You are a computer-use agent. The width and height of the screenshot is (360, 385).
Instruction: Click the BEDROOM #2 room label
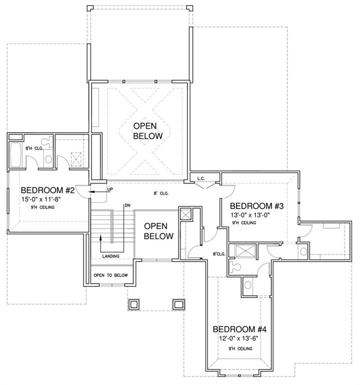click(48, 190)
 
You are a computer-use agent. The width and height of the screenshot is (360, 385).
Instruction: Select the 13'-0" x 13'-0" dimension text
click(250, 215)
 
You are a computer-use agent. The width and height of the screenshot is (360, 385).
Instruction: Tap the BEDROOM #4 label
click(240, 329)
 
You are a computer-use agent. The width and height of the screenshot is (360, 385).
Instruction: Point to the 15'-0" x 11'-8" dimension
click(41, 199)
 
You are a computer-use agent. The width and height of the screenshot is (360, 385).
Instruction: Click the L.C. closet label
click(201, 178)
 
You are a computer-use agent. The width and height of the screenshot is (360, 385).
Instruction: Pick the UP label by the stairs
click(110, 189)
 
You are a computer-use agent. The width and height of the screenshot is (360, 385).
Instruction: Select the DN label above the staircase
click(127, 205)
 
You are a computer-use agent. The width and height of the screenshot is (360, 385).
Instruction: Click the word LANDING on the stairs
click(111, 256)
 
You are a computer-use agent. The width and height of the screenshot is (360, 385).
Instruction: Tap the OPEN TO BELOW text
click(110, 275)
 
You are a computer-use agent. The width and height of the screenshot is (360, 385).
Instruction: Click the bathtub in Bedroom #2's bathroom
click(16, 155)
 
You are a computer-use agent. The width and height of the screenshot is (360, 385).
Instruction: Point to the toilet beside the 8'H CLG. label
click(47, 142)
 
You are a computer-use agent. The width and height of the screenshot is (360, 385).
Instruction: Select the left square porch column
click(133, 305)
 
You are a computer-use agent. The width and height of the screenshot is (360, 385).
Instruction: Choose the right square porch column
click(178, 305)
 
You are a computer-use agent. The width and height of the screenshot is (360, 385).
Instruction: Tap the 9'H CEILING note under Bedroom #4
click(240, 348)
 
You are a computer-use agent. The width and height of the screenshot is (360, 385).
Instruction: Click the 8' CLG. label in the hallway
click(161, 193)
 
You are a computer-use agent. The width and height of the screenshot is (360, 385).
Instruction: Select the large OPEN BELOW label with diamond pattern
click(148, 131)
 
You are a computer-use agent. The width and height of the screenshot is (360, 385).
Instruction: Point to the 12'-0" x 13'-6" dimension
click(239, 338)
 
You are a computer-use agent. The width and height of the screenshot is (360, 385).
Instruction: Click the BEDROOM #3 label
click(257, 206)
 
